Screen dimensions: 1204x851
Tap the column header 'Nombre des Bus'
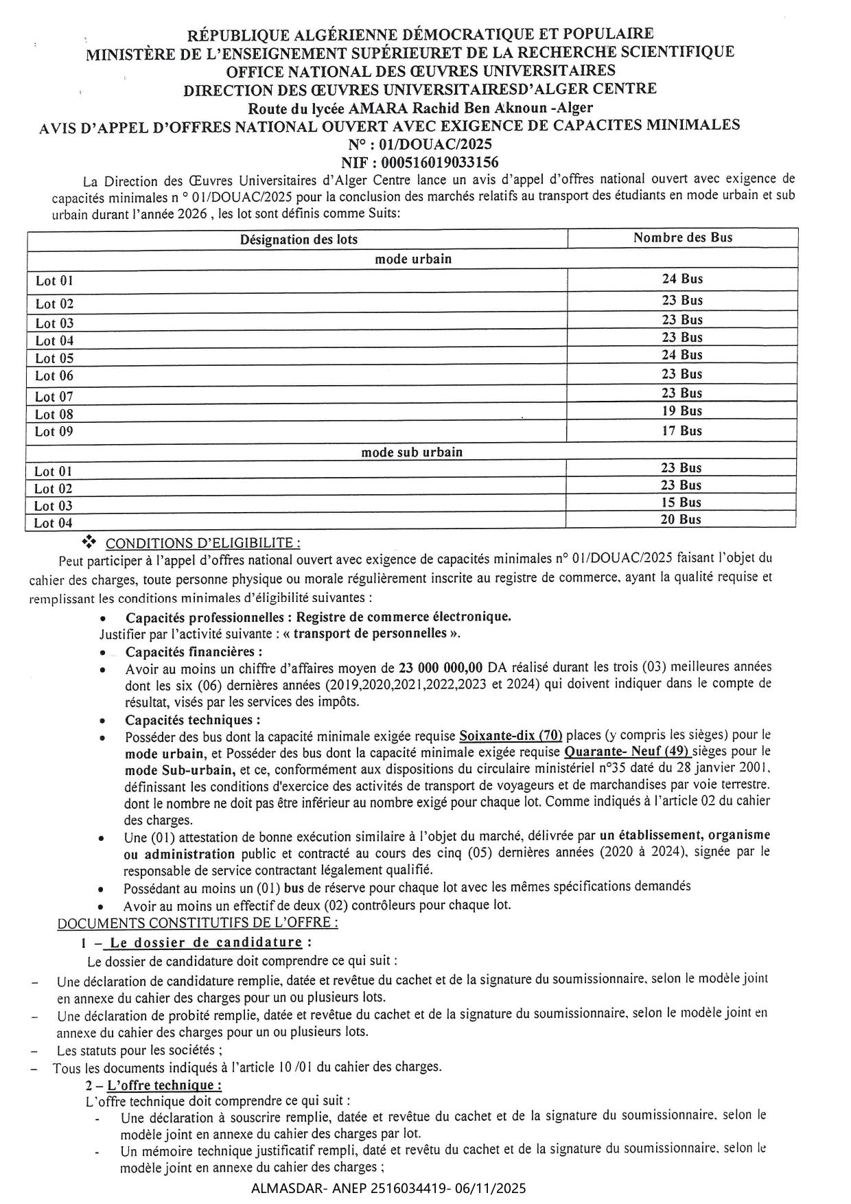(x=682, y=238)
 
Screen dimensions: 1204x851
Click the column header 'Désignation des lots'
(x=299, y=240)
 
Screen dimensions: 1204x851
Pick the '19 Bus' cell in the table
(x=681, y=410)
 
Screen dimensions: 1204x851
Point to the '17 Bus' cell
(x=681, y=431)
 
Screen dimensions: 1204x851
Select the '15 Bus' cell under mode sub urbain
(x=681, y=502)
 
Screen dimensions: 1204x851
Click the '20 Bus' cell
(x=681, y=520)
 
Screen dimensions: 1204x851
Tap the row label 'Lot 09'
(x=54, y=432)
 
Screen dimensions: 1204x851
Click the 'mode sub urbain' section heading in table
(x=412, y=452)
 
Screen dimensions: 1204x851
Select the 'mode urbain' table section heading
(x=413, y=259)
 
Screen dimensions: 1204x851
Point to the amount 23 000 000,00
(x=441, y=667)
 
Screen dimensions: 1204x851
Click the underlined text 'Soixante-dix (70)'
(x=511, y=736)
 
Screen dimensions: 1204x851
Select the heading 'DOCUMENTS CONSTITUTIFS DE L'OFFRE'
(x=198, y=923)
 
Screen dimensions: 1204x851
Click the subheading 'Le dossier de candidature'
(x=207, y=942)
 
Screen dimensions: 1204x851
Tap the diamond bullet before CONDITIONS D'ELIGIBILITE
(x=89, y=542)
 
